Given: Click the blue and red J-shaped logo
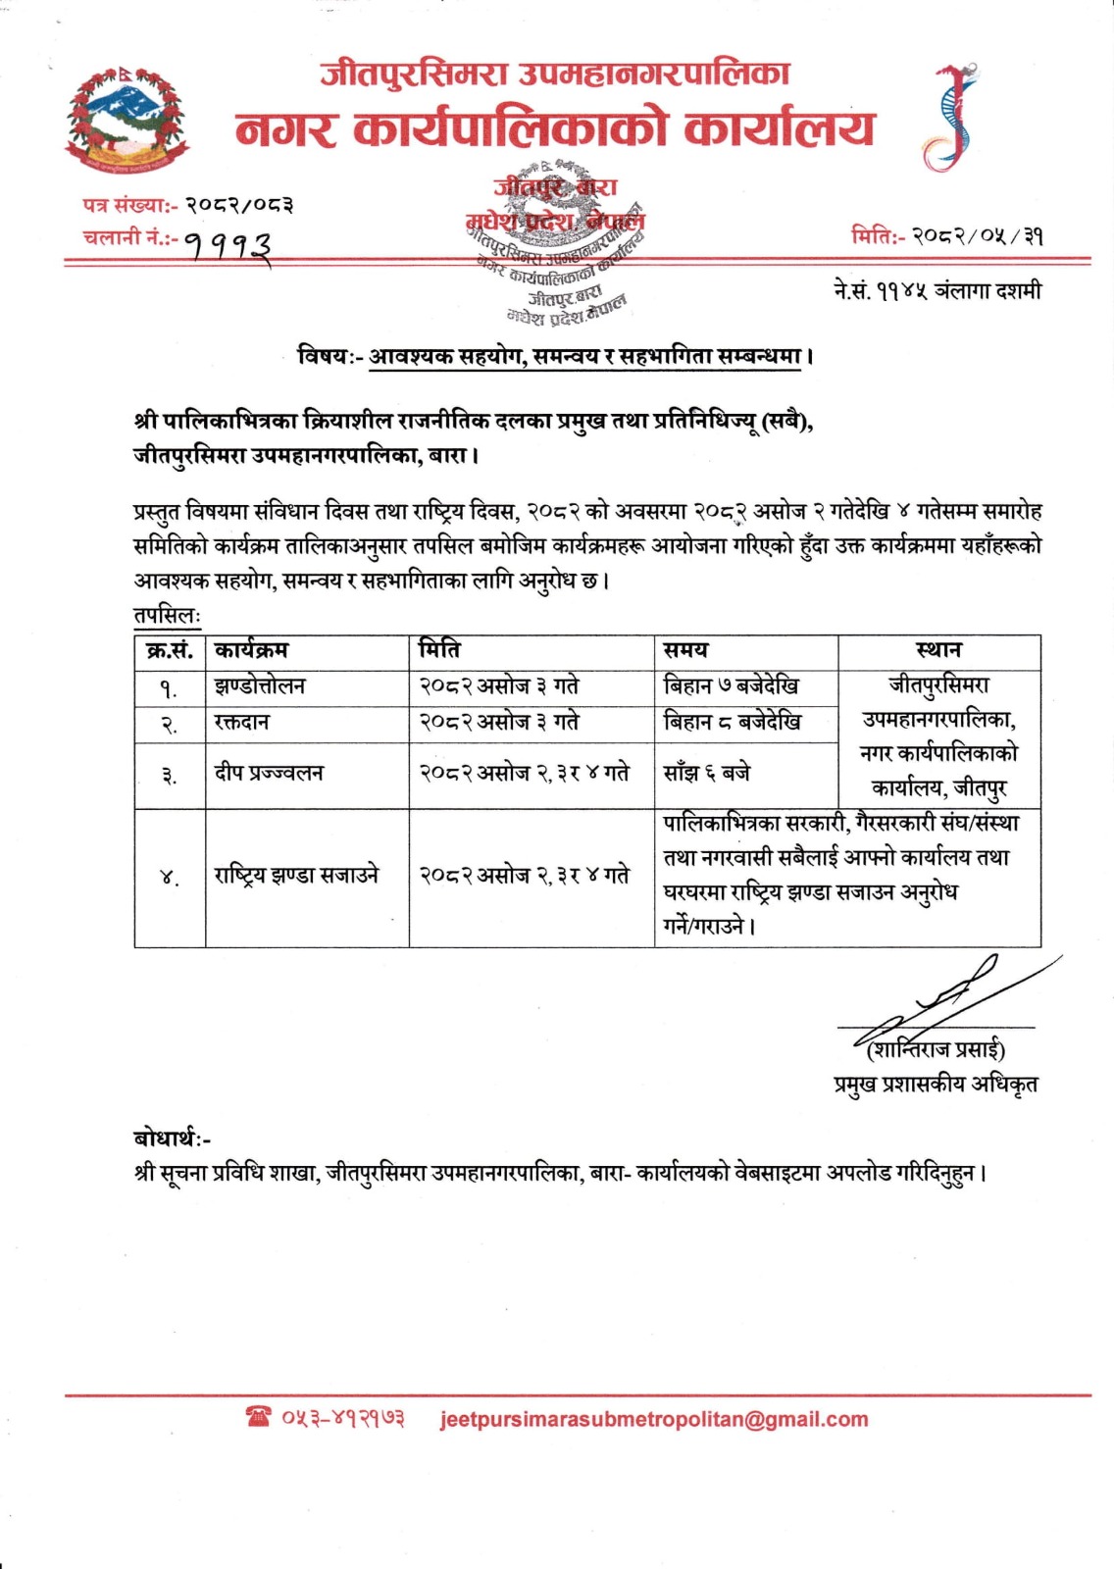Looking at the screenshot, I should click(x=949, y=118).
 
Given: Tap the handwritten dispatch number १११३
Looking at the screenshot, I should click(x=228, y=243).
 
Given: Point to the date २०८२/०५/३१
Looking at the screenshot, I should click(x=977, y=236).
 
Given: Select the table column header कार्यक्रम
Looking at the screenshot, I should click(x=251, y=650).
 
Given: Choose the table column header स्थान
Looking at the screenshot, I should click(x=938, y=650).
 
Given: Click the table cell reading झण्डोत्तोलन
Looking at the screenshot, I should click(x=260, y=686).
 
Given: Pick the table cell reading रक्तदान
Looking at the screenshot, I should click(x=242, y=723).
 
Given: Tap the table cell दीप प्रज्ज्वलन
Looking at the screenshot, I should click(x=269, y=774).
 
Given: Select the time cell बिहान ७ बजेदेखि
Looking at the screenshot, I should click(x=731, y=686).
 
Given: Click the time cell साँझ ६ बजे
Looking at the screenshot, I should click(x=707, y=774).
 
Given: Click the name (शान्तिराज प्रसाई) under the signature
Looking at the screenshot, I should click(x=937, y=1049).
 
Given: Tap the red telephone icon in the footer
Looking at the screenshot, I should click(x=259, y=1417).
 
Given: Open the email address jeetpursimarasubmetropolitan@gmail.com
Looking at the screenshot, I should click(x=654, y=1419).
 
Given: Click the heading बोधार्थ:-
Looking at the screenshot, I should click(x=173, y=1139).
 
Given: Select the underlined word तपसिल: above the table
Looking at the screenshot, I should click(x=167, y=617).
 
